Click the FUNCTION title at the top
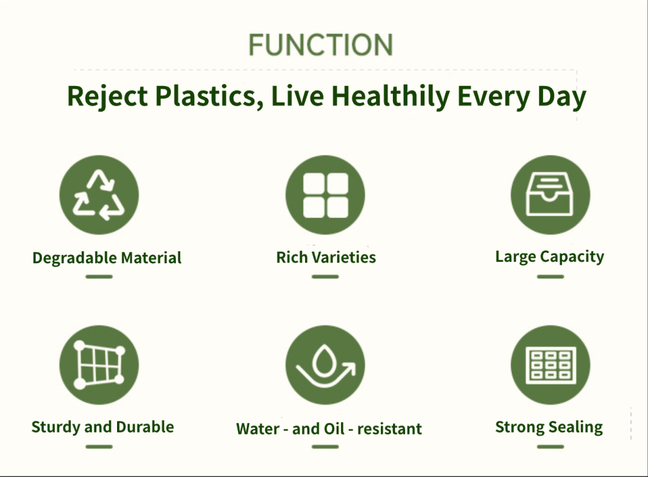[321, 45]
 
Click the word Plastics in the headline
[209, 97]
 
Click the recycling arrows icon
[99, 195]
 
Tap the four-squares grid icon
[325, 195]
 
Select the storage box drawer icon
[551, 195]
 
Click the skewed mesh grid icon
[99, 365]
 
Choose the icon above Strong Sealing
[551, 365]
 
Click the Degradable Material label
[107, 258]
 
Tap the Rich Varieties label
[326, 257]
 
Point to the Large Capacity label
[550, 257]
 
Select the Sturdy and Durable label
[103, 427]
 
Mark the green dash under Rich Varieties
[325, 276]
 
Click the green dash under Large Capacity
[551, 276]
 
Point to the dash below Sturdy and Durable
[99, 447]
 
